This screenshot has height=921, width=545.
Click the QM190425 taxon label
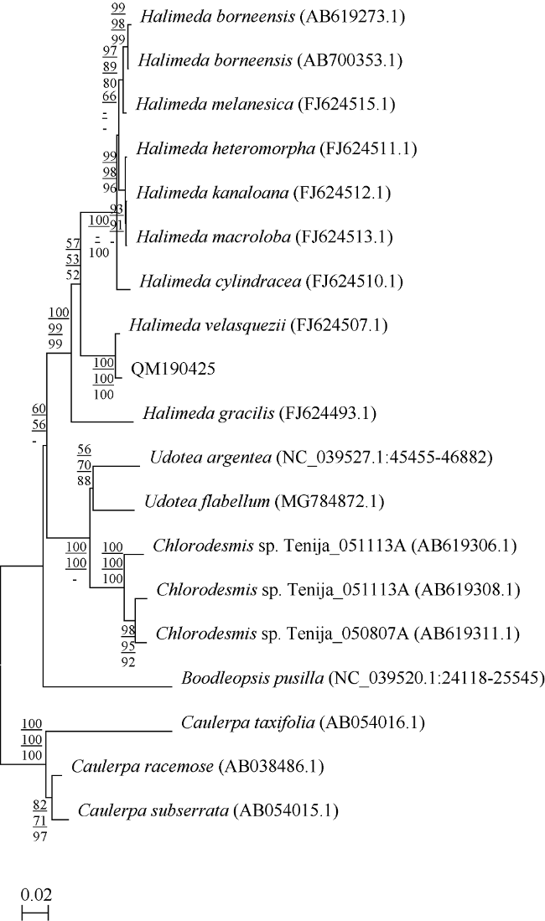coord(173,369)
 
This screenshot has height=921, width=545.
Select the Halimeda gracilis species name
coord(209,413)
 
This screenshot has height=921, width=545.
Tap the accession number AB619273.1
coord(352,17)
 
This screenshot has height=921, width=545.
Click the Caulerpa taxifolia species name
coord(247,722)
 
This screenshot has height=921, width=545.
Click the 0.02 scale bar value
coord(36,895)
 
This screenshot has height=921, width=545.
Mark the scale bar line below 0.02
coord(35,913)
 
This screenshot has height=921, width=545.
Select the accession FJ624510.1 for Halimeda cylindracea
coord(354,282)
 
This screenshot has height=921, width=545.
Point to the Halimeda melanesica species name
coord(215,105)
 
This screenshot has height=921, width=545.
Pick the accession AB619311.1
coord(467,634)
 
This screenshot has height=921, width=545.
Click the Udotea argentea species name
coord(210,458)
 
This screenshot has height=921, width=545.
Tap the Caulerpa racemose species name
coord(143,767)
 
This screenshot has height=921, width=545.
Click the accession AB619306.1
coord(464,546)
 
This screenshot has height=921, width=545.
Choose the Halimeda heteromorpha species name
coord(226,148)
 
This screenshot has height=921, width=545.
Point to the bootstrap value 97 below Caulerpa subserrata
coord(39,836)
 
